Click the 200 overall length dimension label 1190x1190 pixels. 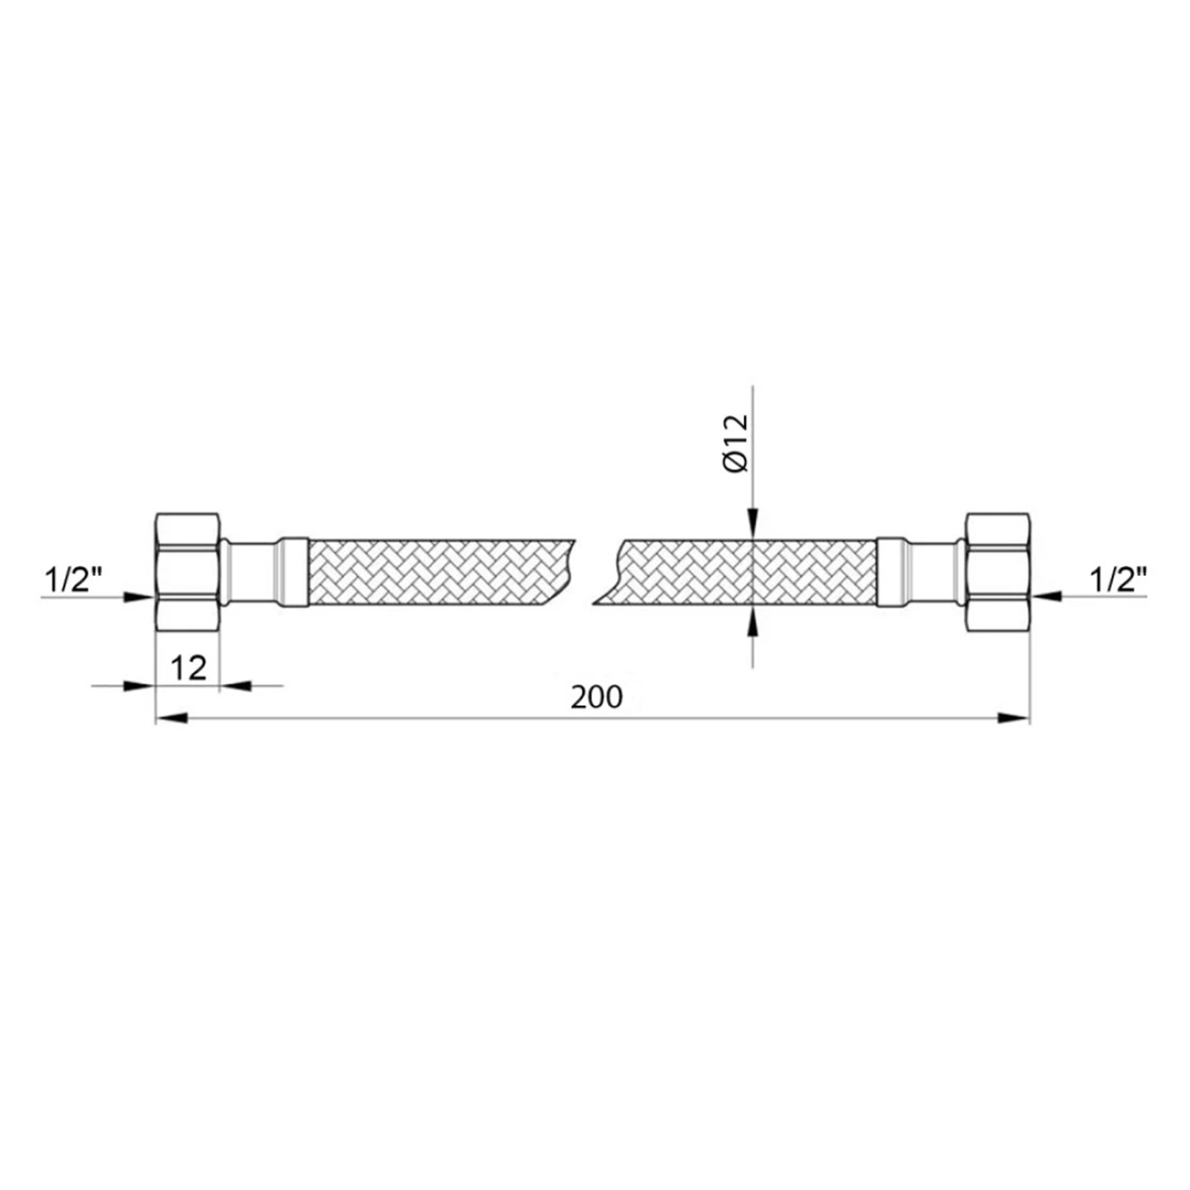pyautogui.click(x=597, y=697)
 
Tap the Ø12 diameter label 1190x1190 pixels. pyautogui.click(x=736, y=443)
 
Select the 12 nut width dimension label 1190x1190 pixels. pyautogui.click(x=189, y=668)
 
